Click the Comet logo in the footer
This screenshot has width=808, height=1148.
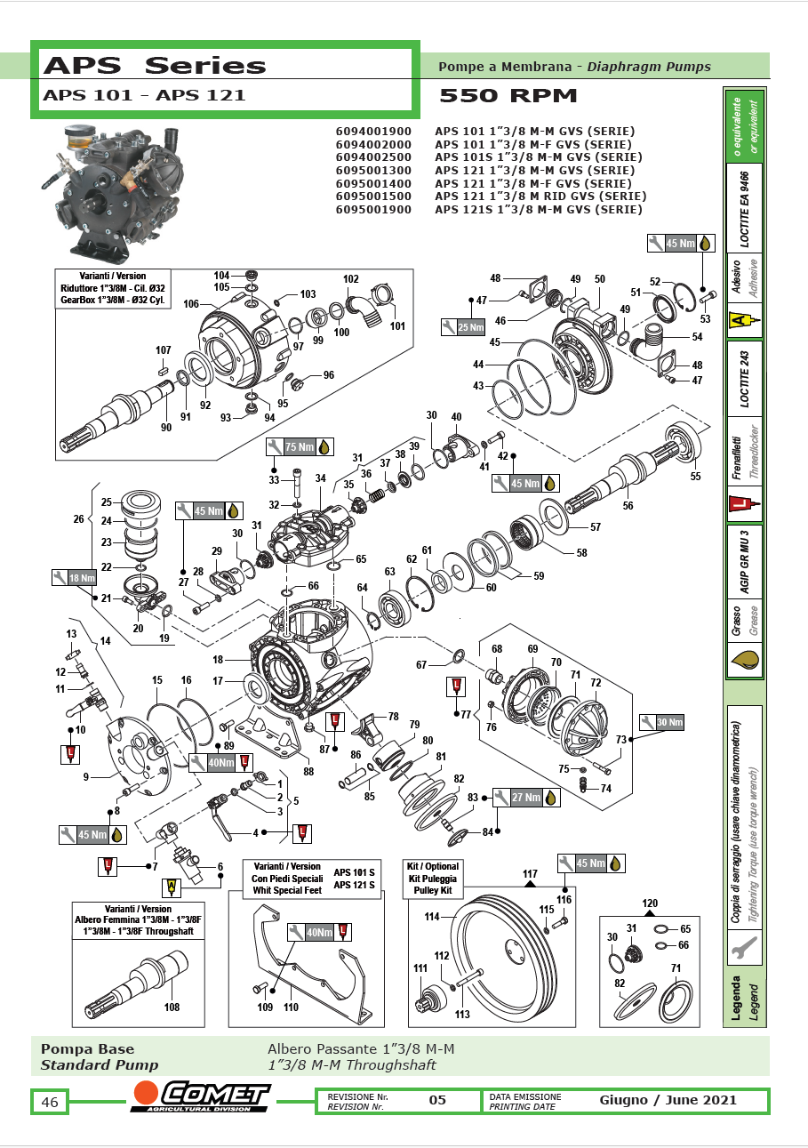pos(200,1097)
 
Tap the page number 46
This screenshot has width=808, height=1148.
pos(51,1103)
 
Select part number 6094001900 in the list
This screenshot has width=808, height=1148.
pos(373,131)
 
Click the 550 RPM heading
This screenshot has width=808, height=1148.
pos(508,96)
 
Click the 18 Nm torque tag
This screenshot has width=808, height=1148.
pos(73,578)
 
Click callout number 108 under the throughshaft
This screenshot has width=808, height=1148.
pos(172,1008)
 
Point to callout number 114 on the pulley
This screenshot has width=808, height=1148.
pos(433,916)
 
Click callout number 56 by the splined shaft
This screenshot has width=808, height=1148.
pos(628,505)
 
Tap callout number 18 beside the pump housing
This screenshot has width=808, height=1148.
pos(217,661)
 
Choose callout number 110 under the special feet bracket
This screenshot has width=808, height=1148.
pos(291,1008)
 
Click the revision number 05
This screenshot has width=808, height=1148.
pos(437,1100)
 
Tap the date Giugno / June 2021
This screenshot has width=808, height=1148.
pos(668,1100)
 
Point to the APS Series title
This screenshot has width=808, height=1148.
pos(155,66)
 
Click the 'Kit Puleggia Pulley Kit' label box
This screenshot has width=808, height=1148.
pos(433,879)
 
